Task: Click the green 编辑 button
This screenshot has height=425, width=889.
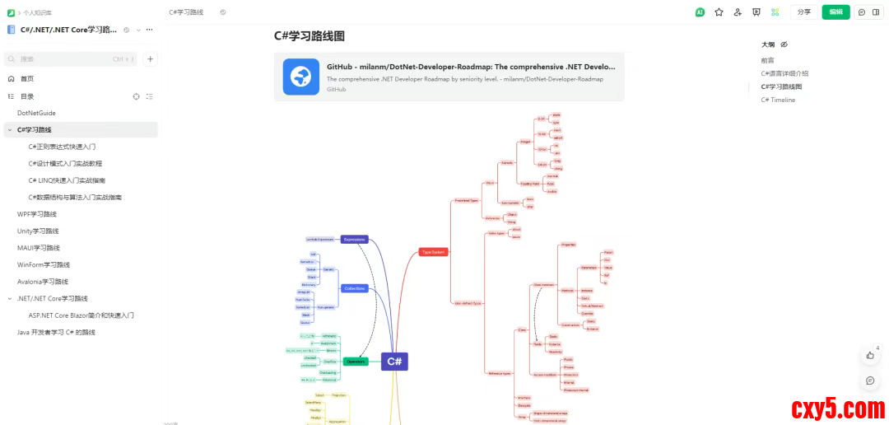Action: coord(835,12)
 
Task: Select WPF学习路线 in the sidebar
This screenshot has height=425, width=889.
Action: coord(37,214)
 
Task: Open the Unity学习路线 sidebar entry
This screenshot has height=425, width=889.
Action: coord(38,231)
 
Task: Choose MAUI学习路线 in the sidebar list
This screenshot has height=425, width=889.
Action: coord(38,248)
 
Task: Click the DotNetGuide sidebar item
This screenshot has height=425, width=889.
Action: coord(36,113)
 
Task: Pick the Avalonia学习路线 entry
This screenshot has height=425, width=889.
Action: coord(43,282)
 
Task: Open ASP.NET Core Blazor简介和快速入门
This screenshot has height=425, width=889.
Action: coord(81,315)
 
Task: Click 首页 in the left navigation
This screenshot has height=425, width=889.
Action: coord(27,79)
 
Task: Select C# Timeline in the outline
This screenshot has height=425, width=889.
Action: coord(778,100)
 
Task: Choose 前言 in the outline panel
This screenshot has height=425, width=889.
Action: coord(767,61)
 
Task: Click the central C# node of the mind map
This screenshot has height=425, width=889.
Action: coord(394,362)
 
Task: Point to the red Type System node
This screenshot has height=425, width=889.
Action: coord(434,252)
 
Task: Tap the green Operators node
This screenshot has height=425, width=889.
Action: coord(356,362)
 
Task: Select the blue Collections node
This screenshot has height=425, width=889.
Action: coord(354,288)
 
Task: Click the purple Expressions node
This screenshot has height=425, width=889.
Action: coord(354,240)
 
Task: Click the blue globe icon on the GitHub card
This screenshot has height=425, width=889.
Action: coord(300,77)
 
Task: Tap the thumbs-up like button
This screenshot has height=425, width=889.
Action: coord(870,355)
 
